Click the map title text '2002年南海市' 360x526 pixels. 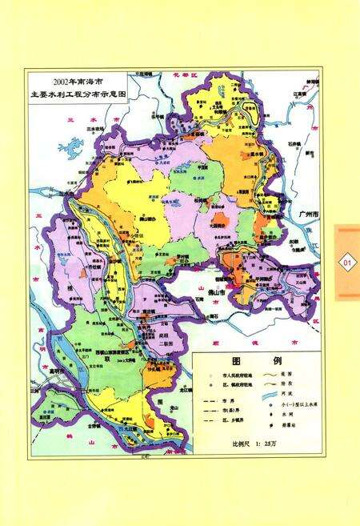pos(81,82)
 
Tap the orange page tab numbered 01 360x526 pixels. pos(347,262)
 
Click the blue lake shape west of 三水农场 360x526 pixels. pos(76,148)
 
